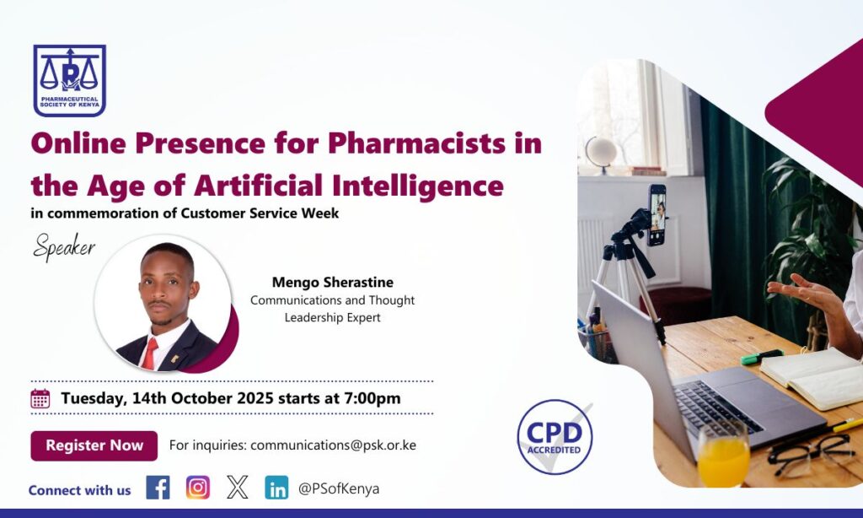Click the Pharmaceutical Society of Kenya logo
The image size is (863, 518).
click(x=69, y=80)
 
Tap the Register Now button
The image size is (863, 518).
click(x=94, y=445)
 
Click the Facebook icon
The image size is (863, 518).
click(x=158, y=488)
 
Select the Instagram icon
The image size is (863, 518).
click(x=198, y=488)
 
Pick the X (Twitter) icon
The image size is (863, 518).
click(x=238, y=488)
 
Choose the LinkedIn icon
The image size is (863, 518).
click(x=276, y=488)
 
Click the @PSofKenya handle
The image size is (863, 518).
click(x=339, y=488)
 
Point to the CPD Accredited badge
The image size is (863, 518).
click(x=555, y=436)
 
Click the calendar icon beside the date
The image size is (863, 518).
click(x=40, y=398)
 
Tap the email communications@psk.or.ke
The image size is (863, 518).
click(x=333, y=445)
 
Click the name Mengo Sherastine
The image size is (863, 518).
click(x=332, y=282)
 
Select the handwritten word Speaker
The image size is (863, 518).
click(x=64, y=248)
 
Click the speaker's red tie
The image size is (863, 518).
click(x=149, y=353)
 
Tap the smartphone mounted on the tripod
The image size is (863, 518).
click(x=657, y=214)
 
